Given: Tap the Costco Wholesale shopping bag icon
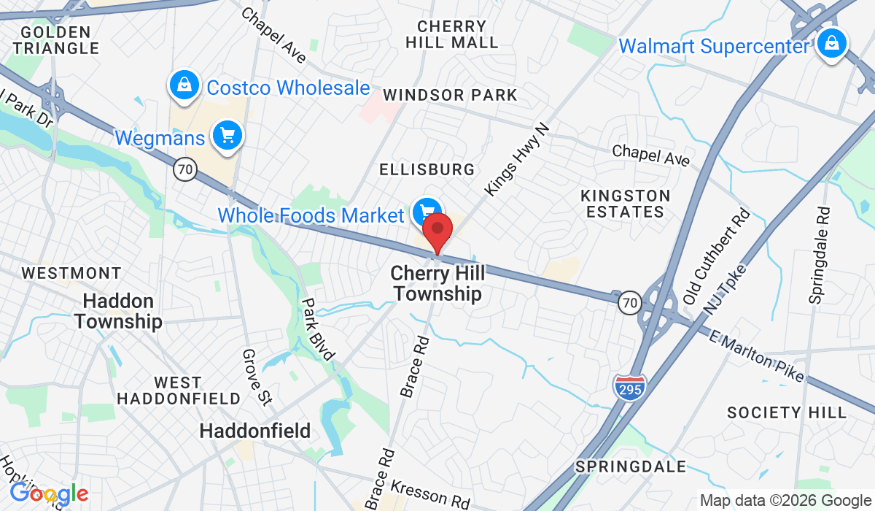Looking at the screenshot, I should click(185, 85).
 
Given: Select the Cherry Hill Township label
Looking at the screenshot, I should click(436, 283).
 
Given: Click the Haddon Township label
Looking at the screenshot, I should click(118, 311).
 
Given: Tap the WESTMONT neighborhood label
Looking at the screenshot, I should click(71, 273).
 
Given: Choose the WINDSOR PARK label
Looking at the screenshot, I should click(450, 95).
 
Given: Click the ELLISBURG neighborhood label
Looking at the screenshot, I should click(427, 169).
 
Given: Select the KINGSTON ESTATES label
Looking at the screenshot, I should click(625, 204).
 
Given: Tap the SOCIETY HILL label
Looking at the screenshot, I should click(787, 412).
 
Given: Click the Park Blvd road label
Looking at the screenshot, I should click(319, 329).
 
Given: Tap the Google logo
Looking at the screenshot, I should click(49, 494).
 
